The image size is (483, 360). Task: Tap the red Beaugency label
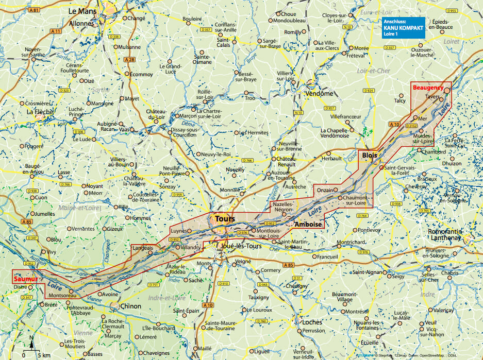click(x=427, y=88)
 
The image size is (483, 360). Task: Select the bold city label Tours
click(x=225, y=219)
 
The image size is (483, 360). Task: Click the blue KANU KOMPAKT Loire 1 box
click(x=402, y=28)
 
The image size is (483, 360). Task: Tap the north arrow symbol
click(x=31, y=342)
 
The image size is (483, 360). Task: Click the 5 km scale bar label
click(x=44, y=355)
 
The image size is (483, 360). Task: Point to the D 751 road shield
click(x=153, y=285)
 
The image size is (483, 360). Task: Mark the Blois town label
click(x=370, y=155)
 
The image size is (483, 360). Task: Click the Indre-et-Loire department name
click(x=168, y=298)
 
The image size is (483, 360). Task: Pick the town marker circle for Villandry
click(x=178, y=247)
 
